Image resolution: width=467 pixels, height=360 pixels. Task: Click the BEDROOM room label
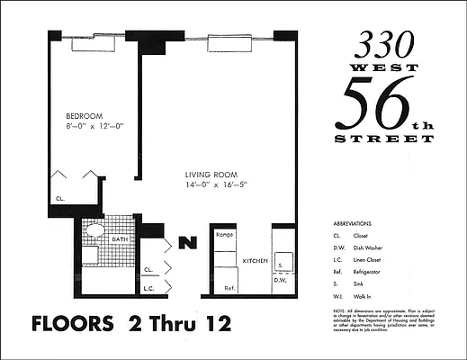click(85, 116)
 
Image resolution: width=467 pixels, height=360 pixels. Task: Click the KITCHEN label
click(256, 261)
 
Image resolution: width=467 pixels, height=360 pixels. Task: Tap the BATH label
click(120, 238)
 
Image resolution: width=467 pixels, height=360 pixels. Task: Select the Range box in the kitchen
click(225, 235)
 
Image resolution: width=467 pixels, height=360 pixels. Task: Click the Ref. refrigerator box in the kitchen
click(229, 288)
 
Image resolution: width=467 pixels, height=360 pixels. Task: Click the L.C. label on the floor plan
click(149, 288)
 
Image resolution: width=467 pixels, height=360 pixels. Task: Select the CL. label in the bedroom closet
click(60, 197)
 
